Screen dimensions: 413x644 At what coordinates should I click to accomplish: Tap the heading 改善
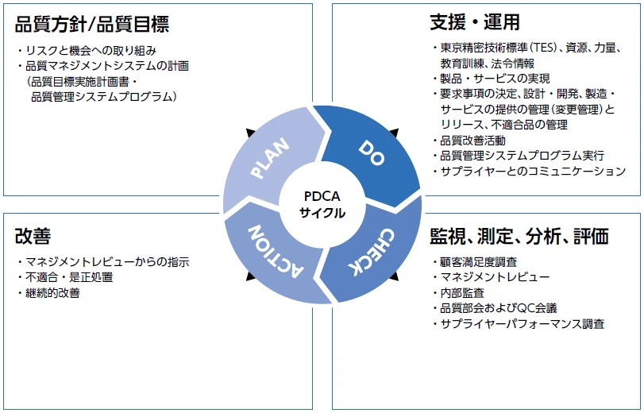pos(33,236)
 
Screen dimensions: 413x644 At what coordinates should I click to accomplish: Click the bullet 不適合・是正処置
pos(68,277)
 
